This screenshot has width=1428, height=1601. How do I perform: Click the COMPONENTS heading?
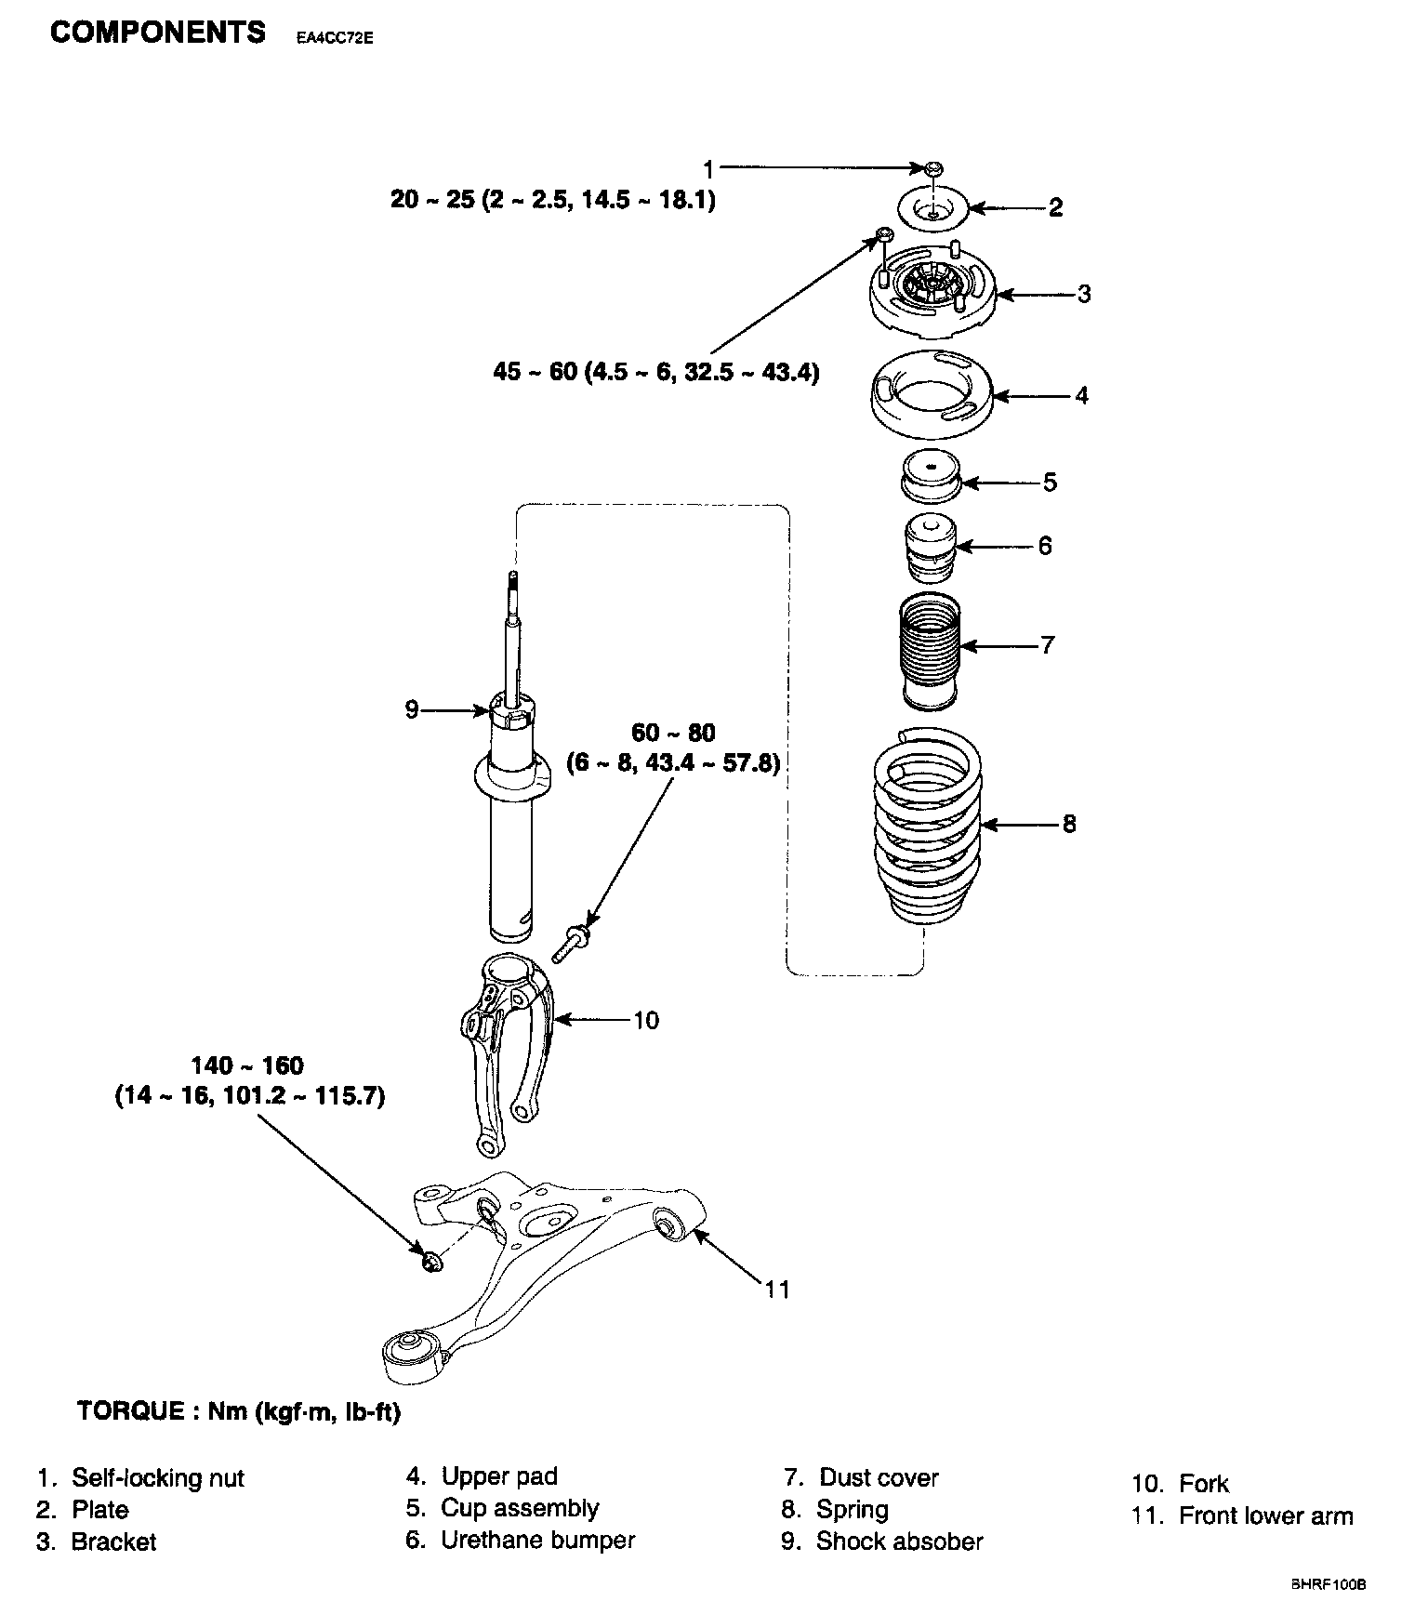(158, 33)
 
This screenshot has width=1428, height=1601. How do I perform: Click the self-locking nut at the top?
(933, 168)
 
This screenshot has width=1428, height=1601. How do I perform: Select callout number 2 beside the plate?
(1055, 207)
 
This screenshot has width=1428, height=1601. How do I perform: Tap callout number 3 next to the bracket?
(1084, 295)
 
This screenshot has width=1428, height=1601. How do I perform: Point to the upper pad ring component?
(932, 400)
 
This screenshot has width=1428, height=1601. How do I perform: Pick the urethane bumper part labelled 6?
(929, 549)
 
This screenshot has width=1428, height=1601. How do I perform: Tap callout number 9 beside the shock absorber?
(412, 711)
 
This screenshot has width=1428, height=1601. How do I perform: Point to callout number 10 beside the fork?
(646, 1021)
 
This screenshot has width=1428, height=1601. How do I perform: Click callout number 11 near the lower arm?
(778, 1290)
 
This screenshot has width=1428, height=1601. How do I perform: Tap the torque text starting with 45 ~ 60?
(656, 373)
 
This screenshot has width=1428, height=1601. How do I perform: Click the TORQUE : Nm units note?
(239, 1412)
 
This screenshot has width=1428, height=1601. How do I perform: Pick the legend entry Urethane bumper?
(521, 1540)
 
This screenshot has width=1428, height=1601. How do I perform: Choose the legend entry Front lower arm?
(1243, 1515)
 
